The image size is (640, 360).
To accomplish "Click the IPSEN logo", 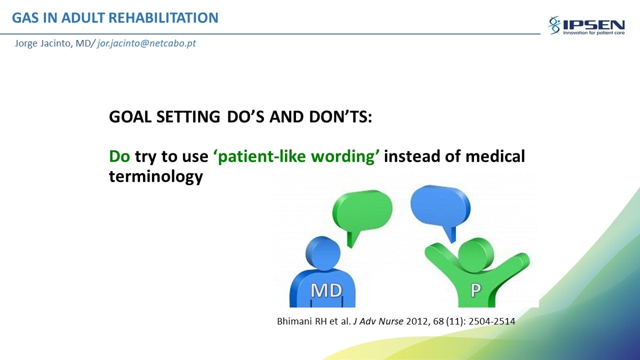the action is point(586,25).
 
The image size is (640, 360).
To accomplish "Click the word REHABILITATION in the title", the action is point(163,17).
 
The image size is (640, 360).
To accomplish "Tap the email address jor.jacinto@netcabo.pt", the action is point(146,43).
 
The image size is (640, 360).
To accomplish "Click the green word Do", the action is point(119,156).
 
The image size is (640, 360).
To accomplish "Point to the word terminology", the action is point(156,176).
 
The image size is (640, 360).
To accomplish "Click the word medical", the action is point(495,156).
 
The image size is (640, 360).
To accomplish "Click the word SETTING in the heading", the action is point(188,117).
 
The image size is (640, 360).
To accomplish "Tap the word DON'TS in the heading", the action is point(340,117).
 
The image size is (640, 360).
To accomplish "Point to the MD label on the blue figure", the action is point(326,290).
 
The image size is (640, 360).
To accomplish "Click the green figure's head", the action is point(476,255).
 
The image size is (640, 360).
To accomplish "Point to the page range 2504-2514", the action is point(491,321).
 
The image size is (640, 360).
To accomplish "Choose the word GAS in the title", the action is point(25,17).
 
